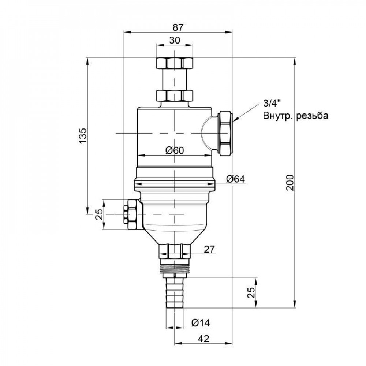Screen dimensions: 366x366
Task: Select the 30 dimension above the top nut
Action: point(175,41)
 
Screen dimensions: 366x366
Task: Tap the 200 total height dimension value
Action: point(290,182)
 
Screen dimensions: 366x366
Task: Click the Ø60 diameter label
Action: point(174,150)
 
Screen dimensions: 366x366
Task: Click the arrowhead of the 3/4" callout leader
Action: point(235,119)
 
